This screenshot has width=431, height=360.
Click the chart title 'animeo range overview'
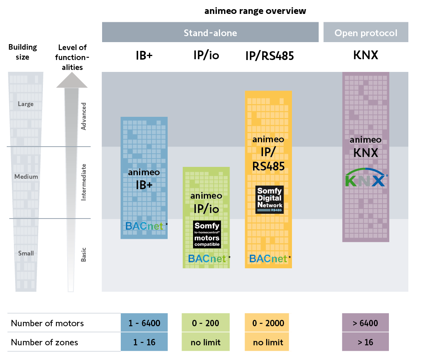255,11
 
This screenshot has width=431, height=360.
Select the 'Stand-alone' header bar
210,33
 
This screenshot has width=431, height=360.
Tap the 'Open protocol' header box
365,33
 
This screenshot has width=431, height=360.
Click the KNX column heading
365,55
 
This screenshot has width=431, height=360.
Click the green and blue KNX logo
365,179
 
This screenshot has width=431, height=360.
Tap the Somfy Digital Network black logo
269,200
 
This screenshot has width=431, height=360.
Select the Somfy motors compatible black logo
207,234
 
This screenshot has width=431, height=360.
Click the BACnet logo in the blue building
144,226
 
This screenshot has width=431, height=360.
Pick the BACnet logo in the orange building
268,259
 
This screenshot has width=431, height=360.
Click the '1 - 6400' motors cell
144,323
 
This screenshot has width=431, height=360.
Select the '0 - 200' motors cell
206,323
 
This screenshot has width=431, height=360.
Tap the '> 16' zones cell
365,342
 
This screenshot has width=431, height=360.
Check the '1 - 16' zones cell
144,342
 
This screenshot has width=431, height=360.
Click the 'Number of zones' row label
44,342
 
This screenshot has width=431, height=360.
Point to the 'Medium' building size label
26,176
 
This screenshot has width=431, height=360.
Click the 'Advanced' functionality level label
83,116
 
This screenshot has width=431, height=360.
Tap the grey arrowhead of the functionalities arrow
72,81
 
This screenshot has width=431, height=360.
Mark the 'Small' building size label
26,253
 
